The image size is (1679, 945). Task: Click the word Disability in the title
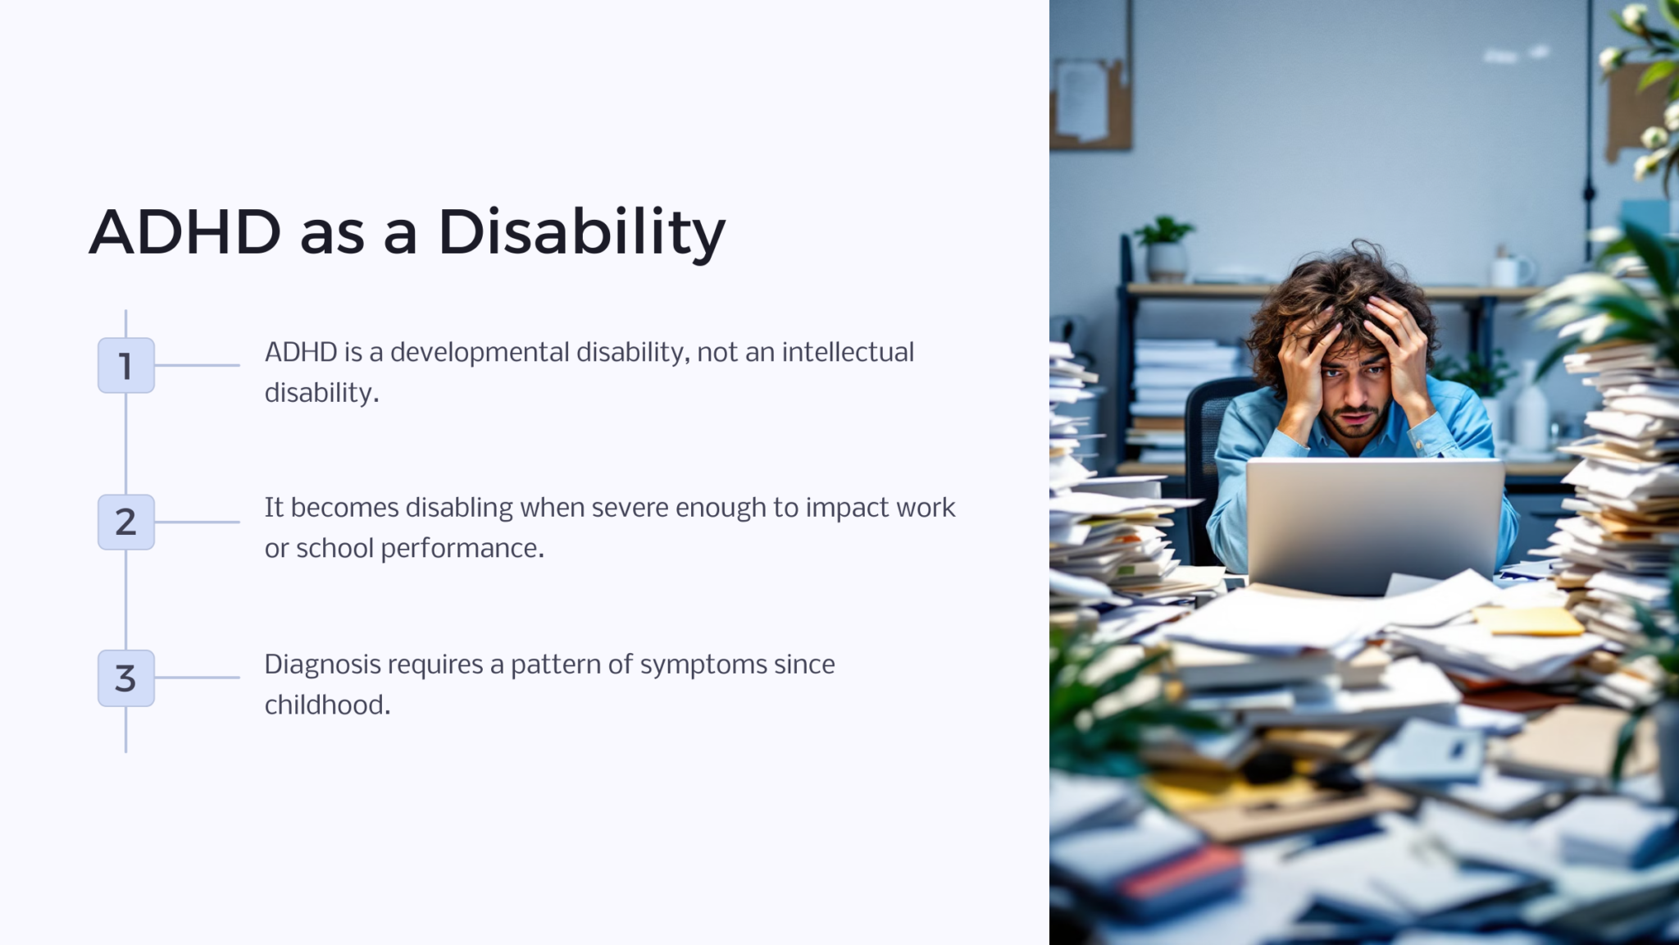pyautogui.click(x=581, y=232)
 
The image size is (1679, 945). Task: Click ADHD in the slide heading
pyautogui.click(x=184, y=232)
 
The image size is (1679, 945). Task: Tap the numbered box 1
pyautogui.click(x=125, y=365)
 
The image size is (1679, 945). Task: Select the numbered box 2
pyautogui.click(x=125, y=522)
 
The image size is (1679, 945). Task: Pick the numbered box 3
pyautogui.click(x=125, y=678)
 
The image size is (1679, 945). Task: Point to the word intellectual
pyautogui.click(x=847, y=353)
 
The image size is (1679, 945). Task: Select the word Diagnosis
pyautogui.click(x=322, y=664)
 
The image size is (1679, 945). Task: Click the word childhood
pyautogui.click(x=326, y=705)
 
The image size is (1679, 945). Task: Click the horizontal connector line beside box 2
pyautogui.click(x=197, y=522)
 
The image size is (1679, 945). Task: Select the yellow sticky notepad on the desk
pyautogui.click(x=1528, y=621)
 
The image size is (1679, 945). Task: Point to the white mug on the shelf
pyautogui.click(x=1510, y=270)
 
